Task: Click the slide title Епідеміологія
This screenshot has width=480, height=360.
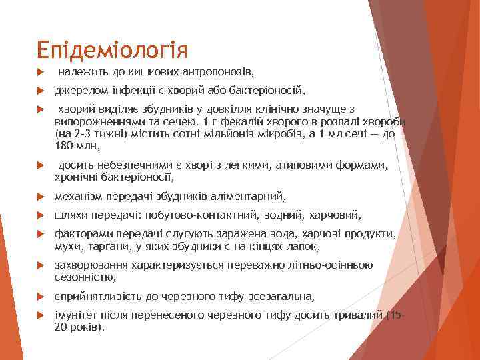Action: click(113, 49)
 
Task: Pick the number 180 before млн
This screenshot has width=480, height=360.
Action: click(64, 145)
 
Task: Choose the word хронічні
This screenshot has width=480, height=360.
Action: click(77, 177)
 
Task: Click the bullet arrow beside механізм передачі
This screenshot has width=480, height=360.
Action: click(41, 196)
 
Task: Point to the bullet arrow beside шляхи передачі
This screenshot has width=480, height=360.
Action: click(41, 215)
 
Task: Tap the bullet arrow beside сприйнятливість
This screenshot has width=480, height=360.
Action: click(41, 297)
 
